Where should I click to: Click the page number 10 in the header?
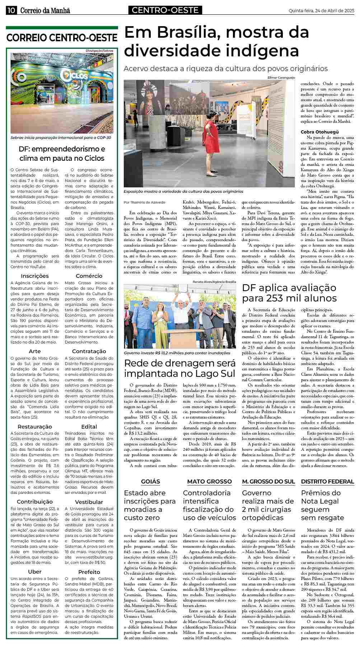pos(11,11)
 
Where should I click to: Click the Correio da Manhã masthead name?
pos(45,11)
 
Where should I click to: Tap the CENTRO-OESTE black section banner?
pos(165,10)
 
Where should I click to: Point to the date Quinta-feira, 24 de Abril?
pos(321,11)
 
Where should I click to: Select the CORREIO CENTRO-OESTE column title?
pos(62,38)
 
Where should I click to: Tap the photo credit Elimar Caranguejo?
pos(281,78)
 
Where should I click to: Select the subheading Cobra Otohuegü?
pos(314,132)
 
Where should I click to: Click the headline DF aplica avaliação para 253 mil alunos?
pos(289,293)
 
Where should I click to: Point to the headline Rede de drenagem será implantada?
pos(180,368)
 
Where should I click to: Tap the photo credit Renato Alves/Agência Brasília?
pos(214,282)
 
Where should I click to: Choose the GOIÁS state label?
pos(150,481)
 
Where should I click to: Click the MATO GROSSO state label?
pos(209,481)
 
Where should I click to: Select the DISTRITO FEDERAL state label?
pos(327,481)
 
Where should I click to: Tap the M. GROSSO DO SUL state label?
pos(268,481)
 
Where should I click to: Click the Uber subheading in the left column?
pos(35,571)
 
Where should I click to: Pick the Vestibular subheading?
pos(89,501)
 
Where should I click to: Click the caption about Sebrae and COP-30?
pos(61,137)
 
